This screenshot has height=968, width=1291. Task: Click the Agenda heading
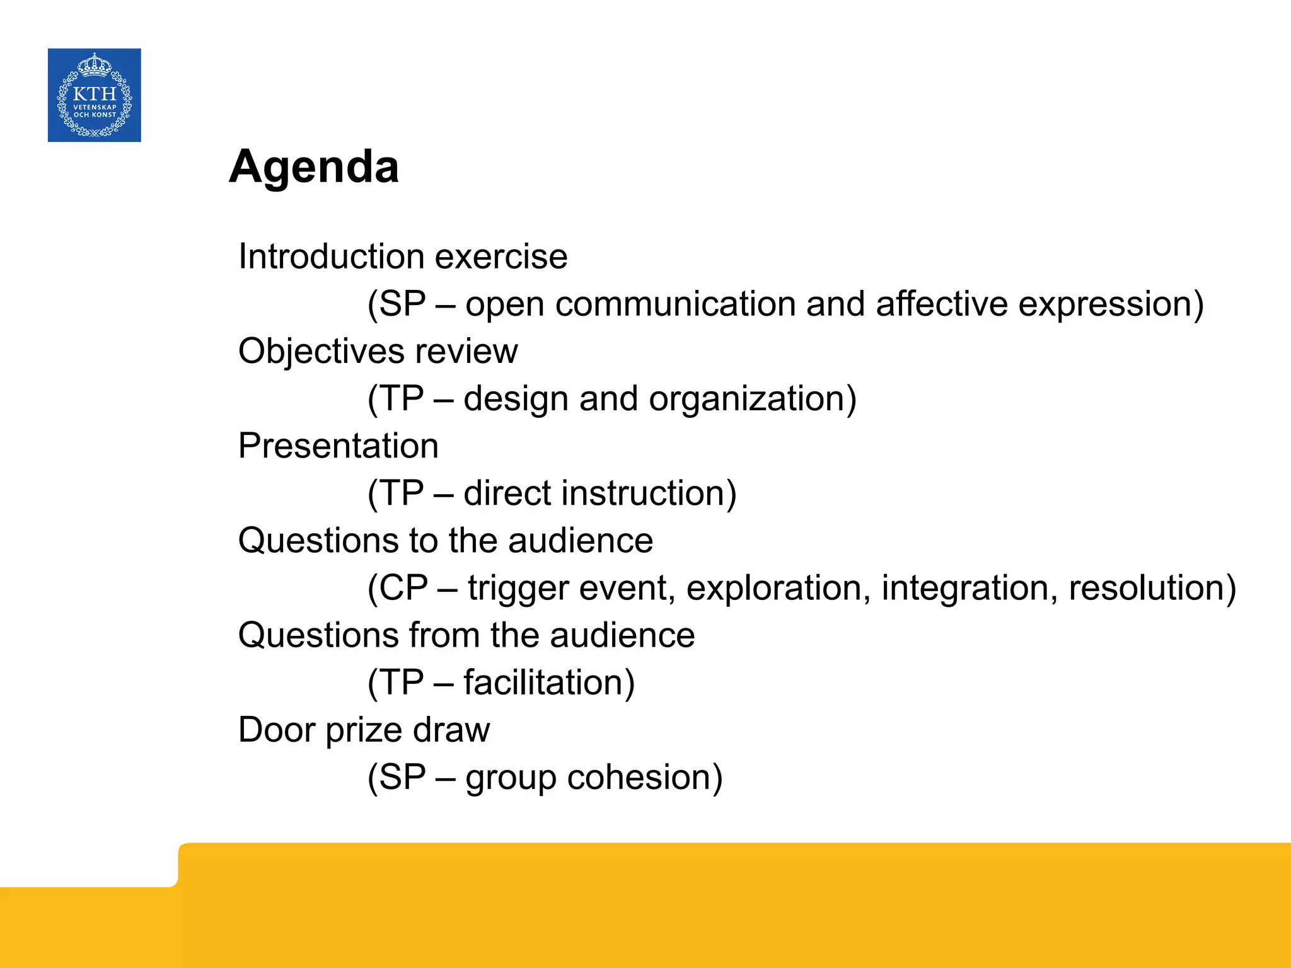314,167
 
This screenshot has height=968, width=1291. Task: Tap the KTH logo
95,95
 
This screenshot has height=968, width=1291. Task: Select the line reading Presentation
338,446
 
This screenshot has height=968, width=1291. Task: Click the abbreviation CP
403,588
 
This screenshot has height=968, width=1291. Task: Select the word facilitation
543,683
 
